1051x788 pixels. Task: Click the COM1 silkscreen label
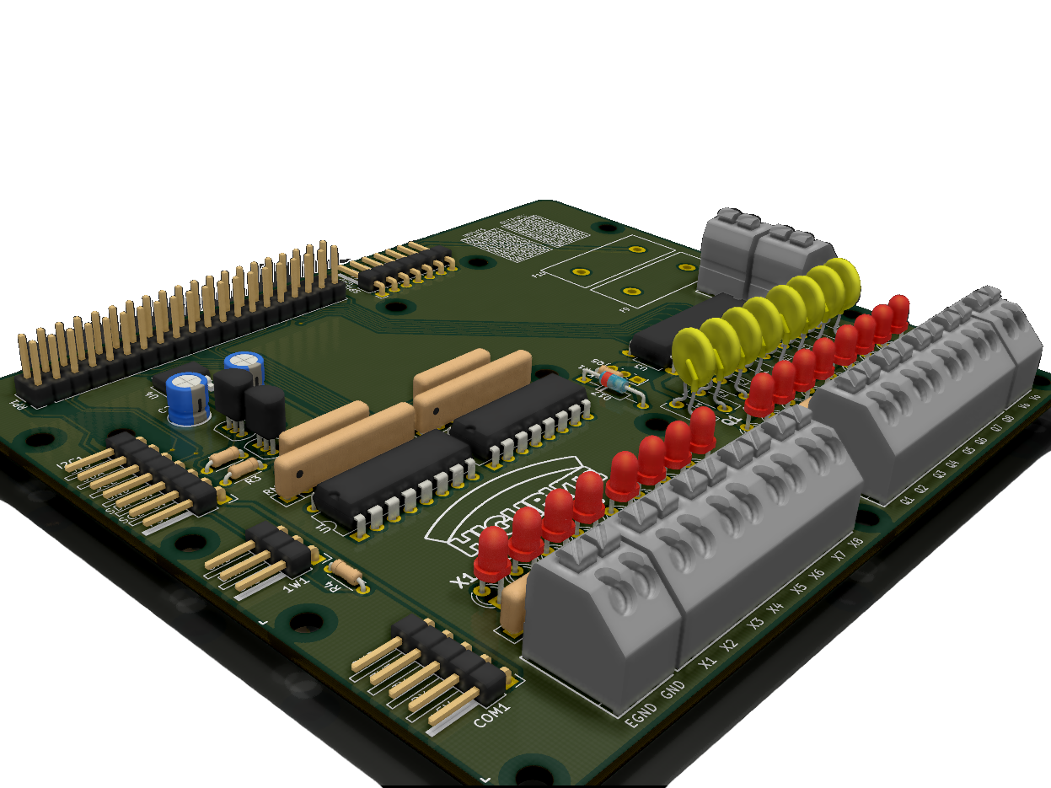pyautogui.click(x=492, y=715)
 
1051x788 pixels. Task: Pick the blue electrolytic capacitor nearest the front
pyautogui.click(x=188, y=399)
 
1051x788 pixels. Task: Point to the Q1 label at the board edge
pyautogui.click(x=908, y=499)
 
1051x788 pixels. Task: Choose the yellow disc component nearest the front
pyautogui.click(x=693, y=356)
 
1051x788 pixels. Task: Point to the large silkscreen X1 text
pyautogui.click(x=462, y=581)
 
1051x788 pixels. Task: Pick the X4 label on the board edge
pyautogui.click(x=775, y=608)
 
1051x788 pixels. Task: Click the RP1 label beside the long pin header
pyautogui.click(x=17, y=405)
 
